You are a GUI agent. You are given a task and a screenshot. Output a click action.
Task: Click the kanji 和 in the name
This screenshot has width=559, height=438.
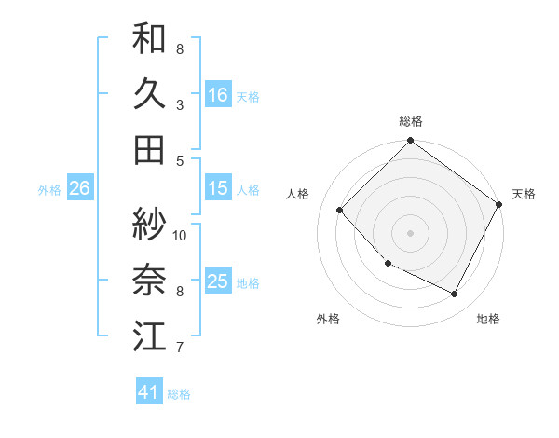point(149,40)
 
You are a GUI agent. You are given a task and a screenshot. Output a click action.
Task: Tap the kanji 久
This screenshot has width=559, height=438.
point(149,94)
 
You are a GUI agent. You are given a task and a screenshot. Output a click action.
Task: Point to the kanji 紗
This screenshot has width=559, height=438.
point(149,224)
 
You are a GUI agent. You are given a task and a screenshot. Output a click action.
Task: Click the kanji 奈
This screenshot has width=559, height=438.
point(149,280)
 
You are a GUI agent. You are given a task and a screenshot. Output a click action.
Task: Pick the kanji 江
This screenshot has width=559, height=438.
point(149,335)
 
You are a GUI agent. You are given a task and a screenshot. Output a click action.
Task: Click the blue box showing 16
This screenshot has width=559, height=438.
point(218,95)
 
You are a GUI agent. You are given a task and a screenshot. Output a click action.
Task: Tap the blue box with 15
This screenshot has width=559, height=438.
point(218,188)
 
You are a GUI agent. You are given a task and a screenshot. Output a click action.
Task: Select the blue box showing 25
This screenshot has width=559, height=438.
point(218,282)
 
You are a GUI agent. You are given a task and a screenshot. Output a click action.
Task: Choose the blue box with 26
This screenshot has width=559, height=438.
point(79,188)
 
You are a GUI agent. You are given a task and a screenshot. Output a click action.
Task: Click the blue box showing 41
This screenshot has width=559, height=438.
point(149,392)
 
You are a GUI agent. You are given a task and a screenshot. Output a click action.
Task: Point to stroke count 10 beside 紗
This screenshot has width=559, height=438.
point(180,235)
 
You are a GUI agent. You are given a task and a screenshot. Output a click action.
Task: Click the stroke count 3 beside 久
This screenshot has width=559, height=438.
point(180,104)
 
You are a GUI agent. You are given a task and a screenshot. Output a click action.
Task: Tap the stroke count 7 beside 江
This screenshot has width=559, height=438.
point(180,349)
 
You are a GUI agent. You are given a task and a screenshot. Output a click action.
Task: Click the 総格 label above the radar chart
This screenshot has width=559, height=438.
point(411,121)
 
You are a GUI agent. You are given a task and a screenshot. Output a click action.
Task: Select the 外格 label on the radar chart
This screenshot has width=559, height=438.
point(328,320)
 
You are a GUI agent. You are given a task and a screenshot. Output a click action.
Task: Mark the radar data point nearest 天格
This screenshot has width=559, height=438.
point(499,204)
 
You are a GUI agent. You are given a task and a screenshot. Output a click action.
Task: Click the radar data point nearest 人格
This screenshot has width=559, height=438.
point(340,210)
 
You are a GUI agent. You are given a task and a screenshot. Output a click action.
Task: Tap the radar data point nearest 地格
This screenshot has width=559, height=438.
point(455,294)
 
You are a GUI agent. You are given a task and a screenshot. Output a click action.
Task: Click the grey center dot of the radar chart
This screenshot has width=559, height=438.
point(410,232)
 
